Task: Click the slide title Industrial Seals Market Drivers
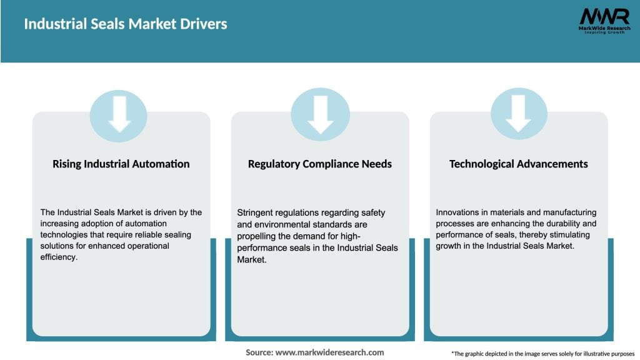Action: pos(125,24)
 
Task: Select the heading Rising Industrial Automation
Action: pos(121,164)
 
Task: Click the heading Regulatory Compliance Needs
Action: pos(320,164)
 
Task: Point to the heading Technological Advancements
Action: pos(519,164)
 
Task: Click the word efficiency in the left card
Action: pos(58,257)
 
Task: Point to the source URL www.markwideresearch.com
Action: pos(329,352)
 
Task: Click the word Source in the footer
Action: pos(259,352)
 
